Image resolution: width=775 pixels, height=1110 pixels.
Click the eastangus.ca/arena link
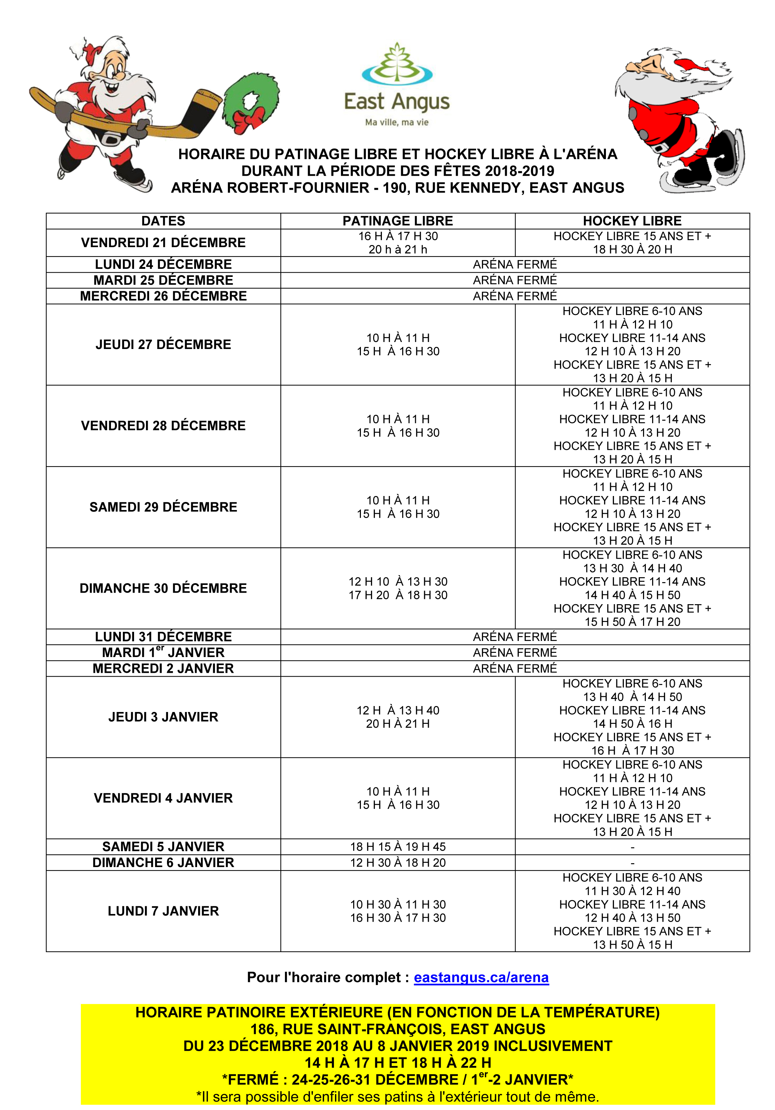tap(481, 978)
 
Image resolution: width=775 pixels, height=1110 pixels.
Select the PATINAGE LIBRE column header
tap(397, 221)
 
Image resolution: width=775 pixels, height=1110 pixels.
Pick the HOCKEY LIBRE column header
tap(632, 221)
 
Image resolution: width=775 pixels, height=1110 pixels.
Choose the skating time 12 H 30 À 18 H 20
tap(397, 863)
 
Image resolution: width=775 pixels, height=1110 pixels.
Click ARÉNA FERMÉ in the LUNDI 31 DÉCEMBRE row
tap(515, 637)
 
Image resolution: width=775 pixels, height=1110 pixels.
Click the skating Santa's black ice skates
tap(715, 160)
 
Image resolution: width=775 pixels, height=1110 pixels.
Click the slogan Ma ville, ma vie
tap(397, 122)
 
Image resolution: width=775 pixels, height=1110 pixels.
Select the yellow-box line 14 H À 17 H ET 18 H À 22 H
tap(397, 1063)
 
